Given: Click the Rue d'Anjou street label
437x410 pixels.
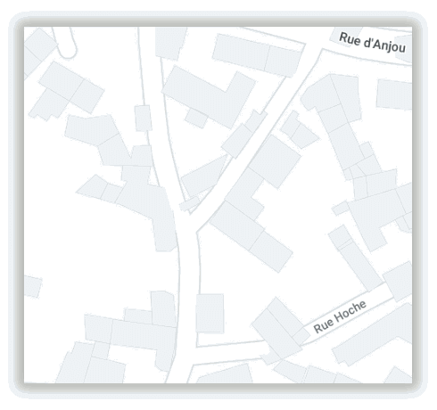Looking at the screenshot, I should [x=372, y=42].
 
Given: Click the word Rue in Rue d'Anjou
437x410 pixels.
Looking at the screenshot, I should [x=349, y=37].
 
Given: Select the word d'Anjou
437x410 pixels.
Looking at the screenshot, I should [x=383, y=44].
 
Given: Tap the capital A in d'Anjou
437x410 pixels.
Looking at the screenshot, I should [x=375, y=42].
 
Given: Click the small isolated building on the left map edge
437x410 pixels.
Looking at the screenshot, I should [x=31, y=286].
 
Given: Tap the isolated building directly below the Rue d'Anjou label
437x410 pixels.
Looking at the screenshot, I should [x=393, y=94].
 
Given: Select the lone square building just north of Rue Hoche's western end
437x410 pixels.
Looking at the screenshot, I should [x=210, y=313].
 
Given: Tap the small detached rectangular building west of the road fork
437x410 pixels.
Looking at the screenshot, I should [x=143, y=118].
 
